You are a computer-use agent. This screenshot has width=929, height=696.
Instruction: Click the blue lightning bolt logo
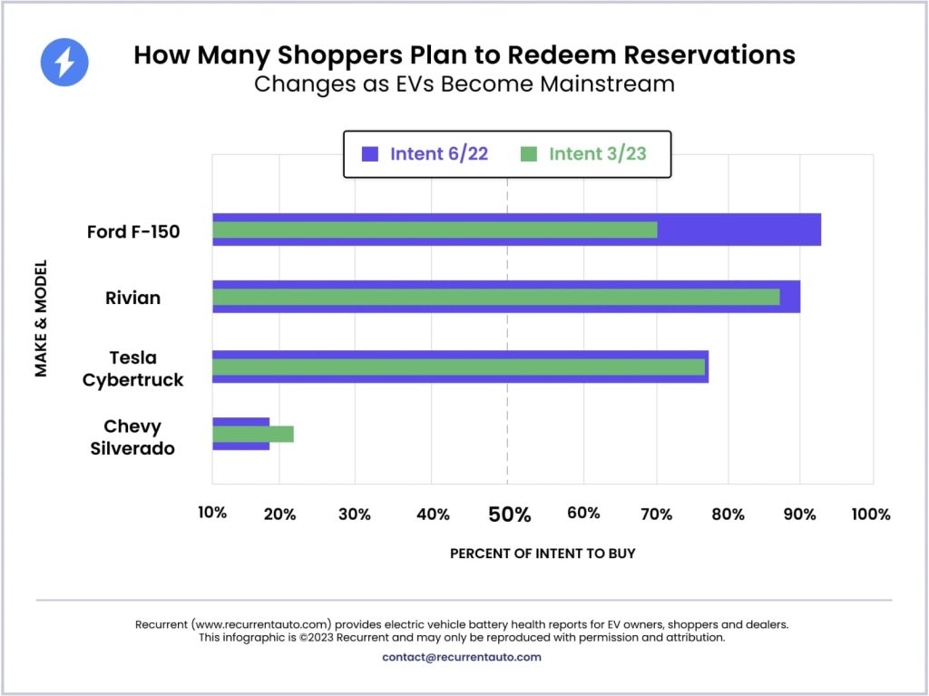tap(65, 63)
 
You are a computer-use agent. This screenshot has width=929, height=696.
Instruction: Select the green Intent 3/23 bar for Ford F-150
tap(435, 230)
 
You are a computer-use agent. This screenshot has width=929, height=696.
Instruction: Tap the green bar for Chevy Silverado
tap(253, 434)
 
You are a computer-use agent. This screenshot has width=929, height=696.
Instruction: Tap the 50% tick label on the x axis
tap(509, 515)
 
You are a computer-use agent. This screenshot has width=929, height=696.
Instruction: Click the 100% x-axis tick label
tap(871, 515)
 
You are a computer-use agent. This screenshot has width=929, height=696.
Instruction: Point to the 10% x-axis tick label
tap(212, 513)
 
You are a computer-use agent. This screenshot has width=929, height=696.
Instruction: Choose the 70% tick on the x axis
tap(656, 515)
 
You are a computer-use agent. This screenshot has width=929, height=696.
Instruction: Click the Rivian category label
tap(134, 298)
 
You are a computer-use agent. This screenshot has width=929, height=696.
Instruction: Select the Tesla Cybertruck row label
tap(133, 368)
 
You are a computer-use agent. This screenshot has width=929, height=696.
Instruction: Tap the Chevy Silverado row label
tap(132, 436)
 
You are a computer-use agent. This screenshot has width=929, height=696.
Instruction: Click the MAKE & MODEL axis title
tap(42, 319)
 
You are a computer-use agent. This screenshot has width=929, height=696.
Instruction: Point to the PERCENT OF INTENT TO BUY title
tap(543, 553)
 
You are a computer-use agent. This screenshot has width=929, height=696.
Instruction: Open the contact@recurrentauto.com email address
tap(462, 657)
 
